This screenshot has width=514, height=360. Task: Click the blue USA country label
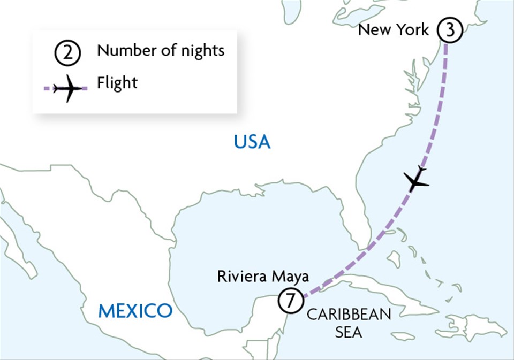(252, 142)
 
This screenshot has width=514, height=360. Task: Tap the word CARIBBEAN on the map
(349, 314)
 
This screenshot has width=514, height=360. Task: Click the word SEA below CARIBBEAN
(349, 332)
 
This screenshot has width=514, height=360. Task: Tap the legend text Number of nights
(160, 51)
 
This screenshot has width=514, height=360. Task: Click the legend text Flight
(117, 83)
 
